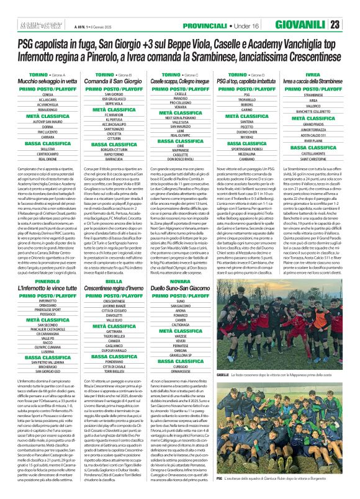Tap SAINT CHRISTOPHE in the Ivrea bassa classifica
pos(313,158)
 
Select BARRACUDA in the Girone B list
pos(114,158)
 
